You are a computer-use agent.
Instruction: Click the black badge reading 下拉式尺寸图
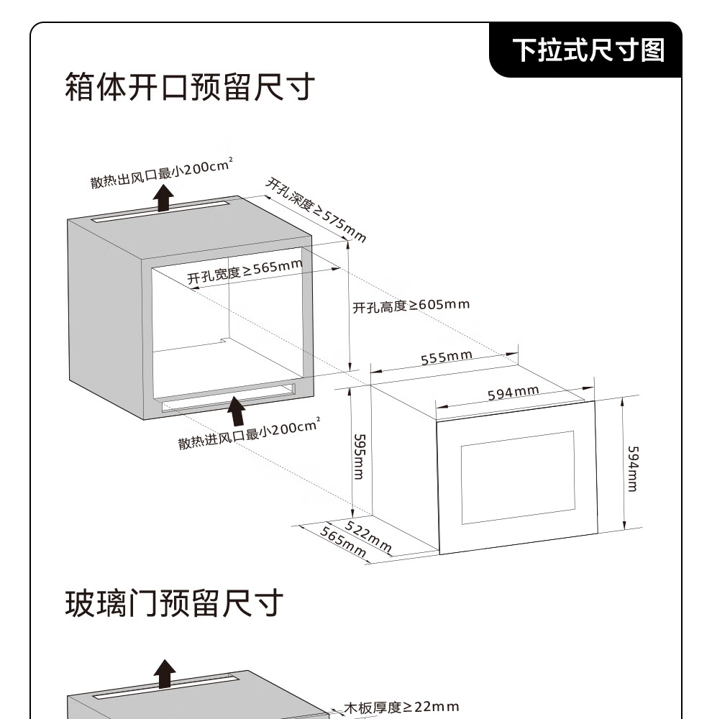coord(588,50)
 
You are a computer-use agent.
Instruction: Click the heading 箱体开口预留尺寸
coord(190,88)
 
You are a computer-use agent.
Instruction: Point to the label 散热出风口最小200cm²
coord(161,173)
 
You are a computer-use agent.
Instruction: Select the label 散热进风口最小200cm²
coord(248,433)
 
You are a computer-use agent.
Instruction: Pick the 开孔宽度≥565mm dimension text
coord(245,272)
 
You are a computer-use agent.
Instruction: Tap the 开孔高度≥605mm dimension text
coord(411,306)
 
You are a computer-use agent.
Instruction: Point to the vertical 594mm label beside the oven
coord(632,468)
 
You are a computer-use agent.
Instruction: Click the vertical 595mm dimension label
coord(359,455)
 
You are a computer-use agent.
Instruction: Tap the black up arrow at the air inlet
coord(235,411)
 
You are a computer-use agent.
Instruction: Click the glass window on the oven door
coord(518,477)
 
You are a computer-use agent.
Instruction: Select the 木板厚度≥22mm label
coord(401,707)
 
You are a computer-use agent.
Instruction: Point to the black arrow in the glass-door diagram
coord(165,674)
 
